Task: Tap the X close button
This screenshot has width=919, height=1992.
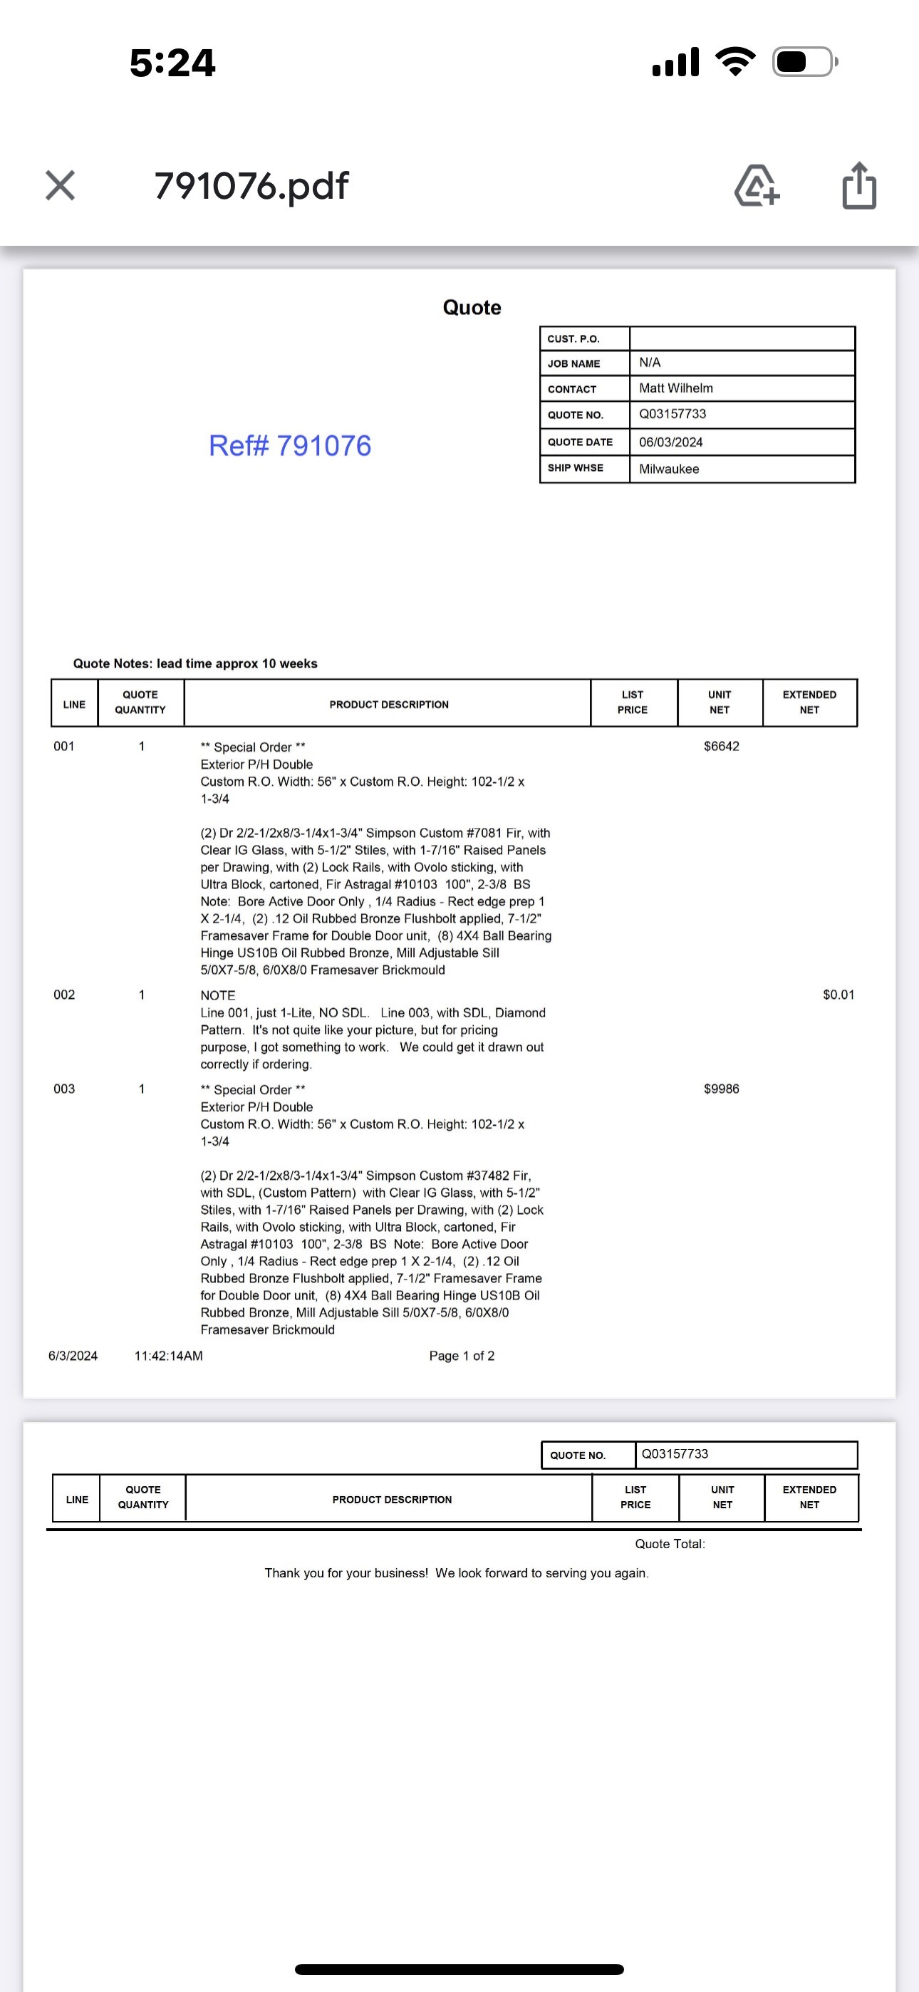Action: [x=61, y=185]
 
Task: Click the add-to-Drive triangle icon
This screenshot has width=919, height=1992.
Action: [x=757, y=187]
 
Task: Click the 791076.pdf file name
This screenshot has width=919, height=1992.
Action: [x=251, y=185]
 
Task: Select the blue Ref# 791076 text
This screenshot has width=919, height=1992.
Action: [x=290, y=445]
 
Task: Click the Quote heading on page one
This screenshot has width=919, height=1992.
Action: [x=472, y=308]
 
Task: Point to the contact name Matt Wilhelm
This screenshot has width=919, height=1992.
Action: [x=675, y=388]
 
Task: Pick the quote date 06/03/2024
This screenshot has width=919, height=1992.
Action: [x=670, y=442]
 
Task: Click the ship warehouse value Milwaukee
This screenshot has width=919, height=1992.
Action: [x=668, y=469]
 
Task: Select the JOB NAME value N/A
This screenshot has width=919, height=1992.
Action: [x=650, y=363]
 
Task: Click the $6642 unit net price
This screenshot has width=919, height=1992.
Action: [x=721, y=746]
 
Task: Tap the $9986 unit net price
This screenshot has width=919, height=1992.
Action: [x=721, y=1089]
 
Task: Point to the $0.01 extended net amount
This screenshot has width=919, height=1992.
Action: [x=838, y=995]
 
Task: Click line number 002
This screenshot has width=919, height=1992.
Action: [x=64, y=995]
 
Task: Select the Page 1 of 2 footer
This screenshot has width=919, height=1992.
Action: [x=462, y=1356]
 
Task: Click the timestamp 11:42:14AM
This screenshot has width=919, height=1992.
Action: [x=169, y=1356]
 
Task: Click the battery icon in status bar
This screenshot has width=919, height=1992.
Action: [x=804, y=62]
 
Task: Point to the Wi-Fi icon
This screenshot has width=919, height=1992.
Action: [x=735, y=62]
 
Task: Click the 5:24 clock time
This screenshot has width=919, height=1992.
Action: [x=172, y=63]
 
